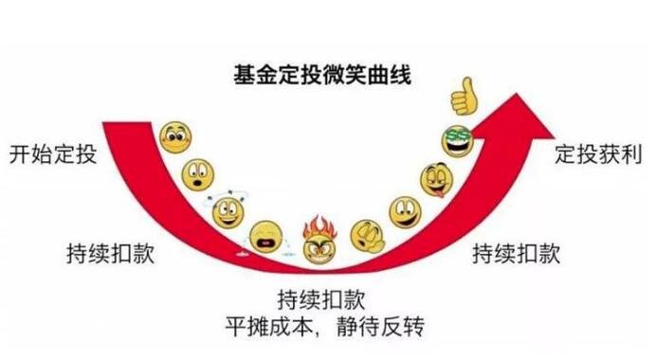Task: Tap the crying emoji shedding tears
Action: tap(265, 237)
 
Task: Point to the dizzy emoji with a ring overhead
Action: tap(228, 210)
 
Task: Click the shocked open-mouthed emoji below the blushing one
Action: tap(198, 175)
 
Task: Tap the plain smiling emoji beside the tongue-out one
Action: tap(405, 211)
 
